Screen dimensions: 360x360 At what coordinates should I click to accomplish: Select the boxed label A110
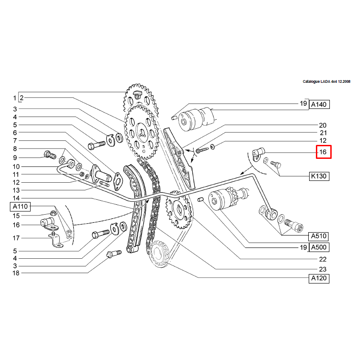coord(20,207)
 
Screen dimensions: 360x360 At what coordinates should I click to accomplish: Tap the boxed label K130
coord(319,176)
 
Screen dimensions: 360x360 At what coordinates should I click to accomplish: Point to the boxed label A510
coord(319,236)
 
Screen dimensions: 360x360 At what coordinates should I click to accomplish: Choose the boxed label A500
coord(319,247)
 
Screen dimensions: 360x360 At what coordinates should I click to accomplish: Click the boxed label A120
coord(319,279)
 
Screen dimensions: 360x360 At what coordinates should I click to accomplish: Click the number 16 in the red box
coord(323,152)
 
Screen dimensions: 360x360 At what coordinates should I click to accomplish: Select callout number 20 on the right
coord(322,125)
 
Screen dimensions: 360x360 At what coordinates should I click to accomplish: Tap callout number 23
coord(322,269)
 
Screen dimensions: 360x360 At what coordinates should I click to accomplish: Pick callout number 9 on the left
coord(15,158)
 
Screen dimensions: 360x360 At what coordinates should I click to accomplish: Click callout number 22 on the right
coord(322,259)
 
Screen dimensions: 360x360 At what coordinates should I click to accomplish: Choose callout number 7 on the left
coord(15,141)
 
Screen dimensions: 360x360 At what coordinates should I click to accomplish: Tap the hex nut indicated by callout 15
coord(52,213)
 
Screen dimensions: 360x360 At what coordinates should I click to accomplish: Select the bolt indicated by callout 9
coord(48,156)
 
